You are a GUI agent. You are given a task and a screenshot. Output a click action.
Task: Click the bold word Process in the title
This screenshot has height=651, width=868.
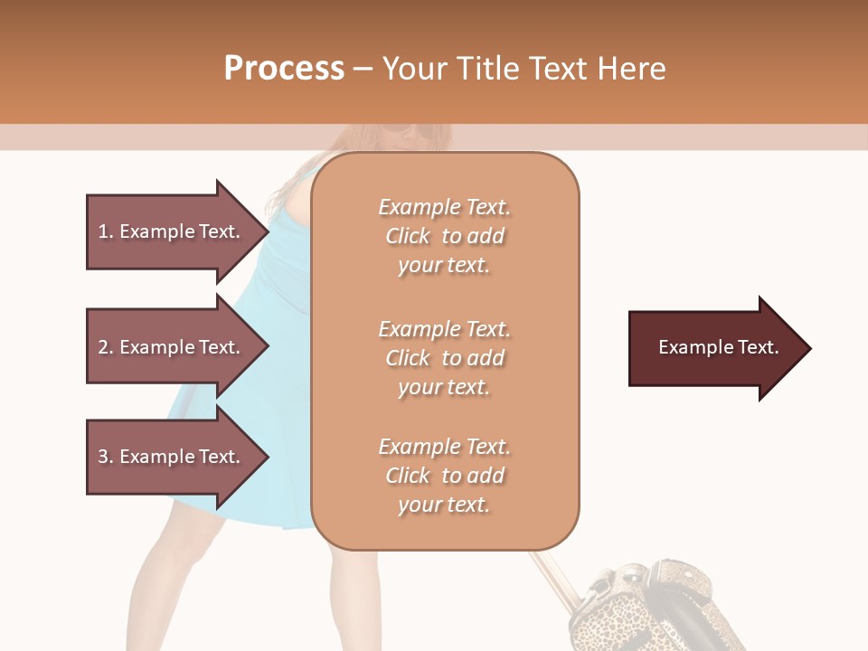click(284, 69)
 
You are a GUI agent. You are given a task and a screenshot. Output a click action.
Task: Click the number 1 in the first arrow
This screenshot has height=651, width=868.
click(103, 231)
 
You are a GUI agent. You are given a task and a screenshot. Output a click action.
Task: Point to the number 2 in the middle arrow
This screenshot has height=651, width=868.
click(103, 347)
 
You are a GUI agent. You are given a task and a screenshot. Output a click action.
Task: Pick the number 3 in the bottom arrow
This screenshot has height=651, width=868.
click(103, 457)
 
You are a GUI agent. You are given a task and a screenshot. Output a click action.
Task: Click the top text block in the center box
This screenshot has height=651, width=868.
click(444, 236)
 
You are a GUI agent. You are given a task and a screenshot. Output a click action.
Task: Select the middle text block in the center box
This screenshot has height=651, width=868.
click(444, 358)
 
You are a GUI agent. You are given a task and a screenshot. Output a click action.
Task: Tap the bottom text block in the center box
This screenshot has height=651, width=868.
click(444, 476)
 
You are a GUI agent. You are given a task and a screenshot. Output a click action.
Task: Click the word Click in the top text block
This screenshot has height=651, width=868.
click(407, 236)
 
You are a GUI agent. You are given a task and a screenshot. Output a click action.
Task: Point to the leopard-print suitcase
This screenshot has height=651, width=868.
click(633, 606)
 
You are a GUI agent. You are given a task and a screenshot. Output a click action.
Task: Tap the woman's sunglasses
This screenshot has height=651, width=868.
click(403, 134)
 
